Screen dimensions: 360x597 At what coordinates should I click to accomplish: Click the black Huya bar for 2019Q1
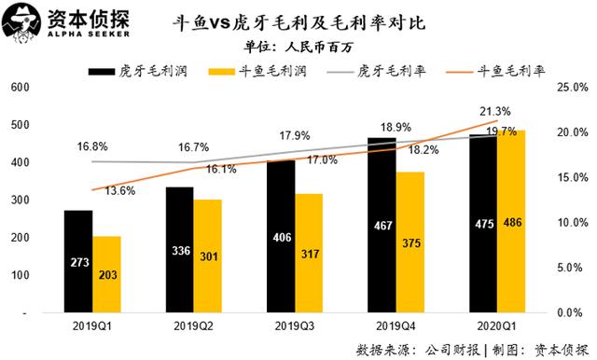point(78,261)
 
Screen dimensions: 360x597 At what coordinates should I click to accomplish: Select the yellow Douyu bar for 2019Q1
point(106,274)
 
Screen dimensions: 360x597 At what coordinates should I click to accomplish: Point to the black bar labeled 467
point(382,225)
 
